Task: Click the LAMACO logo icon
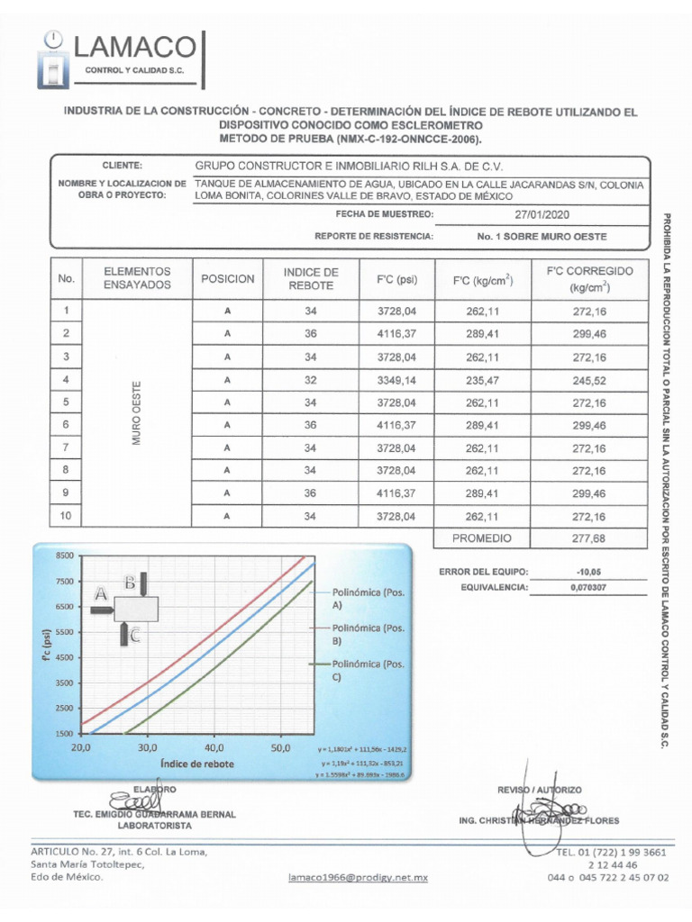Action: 55,59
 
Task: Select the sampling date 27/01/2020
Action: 542,215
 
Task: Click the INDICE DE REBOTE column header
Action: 311,279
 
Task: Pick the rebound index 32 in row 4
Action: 311,379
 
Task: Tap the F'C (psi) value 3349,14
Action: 397,379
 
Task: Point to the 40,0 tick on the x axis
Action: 214,747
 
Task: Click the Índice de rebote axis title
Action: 196,764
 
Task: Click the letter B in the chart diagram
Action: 130,583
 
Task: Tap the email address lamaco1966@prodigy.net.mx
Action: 358,876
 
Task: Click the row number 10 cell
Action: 66,516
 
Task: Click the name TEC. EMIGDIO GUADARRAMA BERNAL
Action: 154,814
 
